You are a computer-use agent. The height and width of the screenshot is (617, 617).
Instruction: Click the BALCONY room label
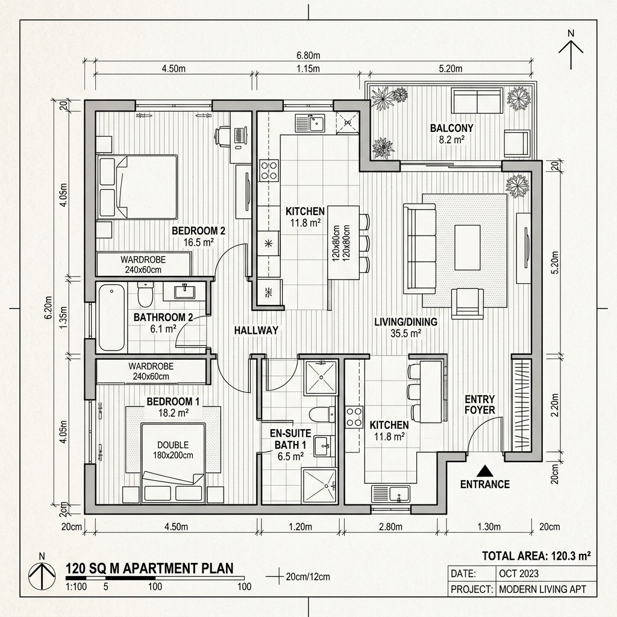coord(451,128)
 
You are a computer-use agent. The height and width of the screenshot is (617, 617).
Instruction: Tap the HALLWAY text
coord(256,330)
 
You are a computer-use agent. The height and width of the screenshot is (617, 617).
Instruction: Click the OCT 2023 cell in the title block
coord(519,574)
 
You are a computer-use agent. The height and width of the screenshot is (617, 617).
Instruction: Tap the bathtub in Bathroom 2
coord(111,317)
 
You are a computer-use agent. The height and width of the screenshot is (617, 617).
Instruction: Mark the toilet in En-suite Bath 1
coord(319,413)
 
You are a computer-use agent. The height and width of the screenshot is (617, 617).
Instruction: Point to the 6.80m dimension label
coord(308,55)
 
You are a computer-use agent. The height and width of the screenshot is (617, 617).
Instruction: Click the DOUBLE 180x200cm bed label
coord(173,450)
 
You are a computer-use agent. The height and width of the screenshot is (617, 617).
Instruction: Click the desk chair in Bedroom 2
coord(224,137)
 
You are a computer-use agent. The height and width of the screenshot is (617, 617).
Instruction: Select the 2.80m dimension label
coord(390,527)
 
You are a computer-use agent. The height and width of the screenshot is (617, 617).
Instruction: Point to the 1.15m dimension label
coord(308,69)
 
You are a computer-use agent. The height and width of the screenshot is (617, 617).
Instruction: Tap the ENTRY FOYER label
coord(480,405)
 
